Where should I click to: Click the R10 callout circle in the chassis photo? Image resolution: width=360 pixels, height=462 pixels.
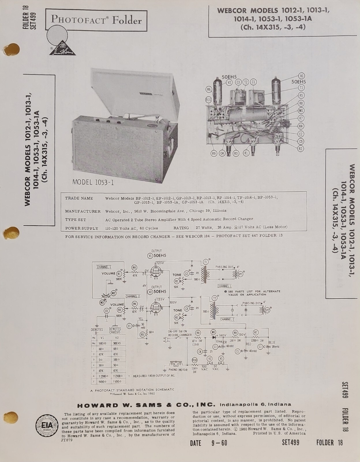[209, 100]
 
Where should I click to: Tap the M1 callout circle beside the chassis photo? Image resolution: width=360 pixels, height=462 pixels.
[301, 111]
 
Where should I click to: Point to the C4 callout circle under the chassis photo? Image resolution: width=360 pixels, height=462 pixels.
[222, 154]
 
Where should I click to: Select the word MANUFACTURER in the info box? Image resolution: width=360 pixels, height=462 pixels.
[83, 211]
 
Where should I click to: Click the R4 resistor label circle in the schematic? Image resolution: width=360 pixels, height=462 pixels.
[134, 267]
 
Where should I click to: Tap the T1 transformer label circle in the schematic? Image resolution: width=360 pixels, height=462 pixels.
[206, 261]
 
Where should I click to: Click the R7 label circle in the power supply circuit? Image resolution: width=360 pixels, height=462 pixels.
[256, 332]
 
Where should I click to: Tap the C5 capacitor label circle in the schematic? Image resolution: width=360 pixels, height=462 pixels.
[107, 311]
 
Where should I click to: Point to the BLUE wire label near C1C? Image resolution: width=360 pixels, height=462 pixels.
[272, 342]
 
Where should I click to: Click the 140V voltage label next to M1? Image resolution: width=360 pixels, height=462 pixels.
[222, 336]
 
